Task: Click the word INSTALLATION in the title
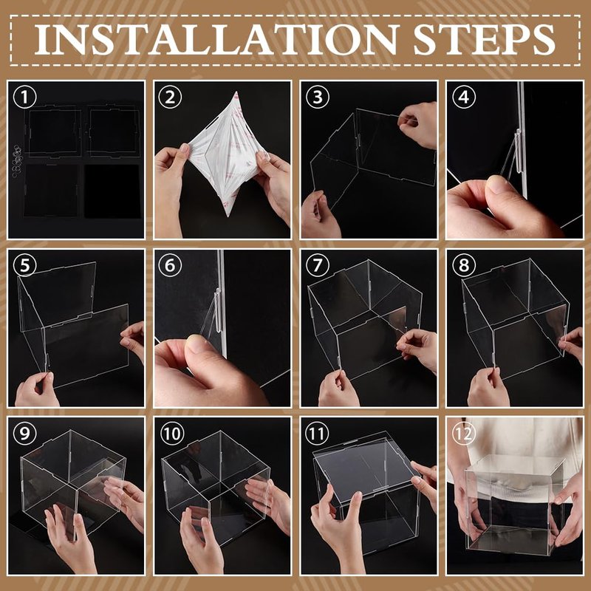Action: coord(217,39)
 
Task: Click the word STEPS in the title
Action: coord(485,39)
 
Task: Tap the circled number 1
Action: coord(24,97)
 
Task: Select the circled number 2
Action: coord(170,97)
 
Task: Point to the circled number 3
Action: coord(318,97)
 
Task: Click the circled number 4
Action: coord(464,97)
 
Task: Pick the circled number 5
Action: coord(24,265)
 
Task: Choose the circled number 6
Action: coord(170,265)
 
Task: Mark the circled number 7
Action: coord(318,265)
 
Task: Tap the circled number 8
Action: coord(464,265)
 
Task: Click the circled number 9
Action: coord(24,433)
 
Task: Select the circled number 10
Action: coord(172,433)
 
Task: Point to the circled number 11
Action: coord(317,433)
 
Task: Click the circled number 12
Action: coord(464,434)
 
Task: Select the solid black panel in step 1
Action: coord(112,191)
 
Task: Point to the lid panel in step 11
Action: coord(365,467)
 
